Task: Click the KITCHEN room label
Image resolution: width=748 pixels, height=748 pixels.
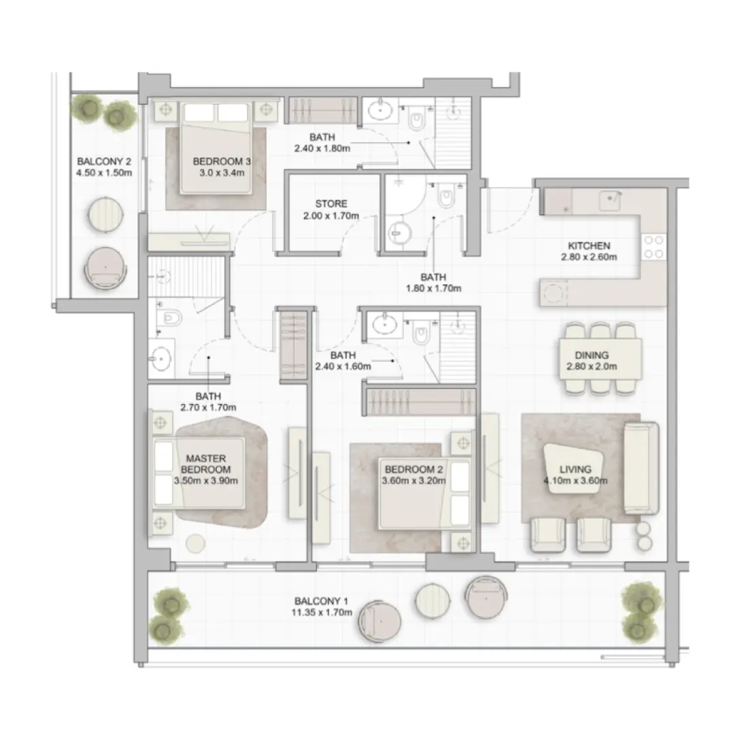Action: pyautogui.click(x=589, y=245)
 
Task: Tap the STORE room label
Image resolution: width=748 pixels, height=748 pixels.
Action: pyautogui.click(x=331, y=203)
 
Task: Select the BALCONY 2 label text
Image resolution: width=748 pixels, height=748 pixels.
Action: pyautogui.click(x=103, y=162)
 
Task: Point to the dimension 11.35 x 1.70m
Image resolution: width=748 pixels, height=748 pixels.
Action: pyautogui.click(x=322, y=613)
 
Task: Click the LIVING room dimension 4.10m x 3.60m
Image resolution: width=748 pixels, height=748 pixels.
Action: pyautogui.click(x=575, y=481)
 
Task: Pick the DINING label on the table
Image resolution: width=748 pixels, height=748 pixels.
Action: pyautogui.click(x=590, y=355)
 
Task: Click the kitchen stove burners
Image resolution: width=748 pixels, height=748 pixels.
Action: pyautogui.click(x=653, y=246)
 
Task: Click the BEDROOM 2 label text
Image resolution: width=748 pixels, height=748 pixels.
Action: pyautogui.click(x=413, y=469)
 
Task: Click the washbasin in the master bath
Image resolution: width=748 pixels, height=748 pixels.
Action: pyautogui.click(x=161, y=358)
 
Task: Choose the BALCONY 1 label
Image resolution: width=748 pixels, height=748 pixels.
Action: pyautogui.click(x=322, y=601)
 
